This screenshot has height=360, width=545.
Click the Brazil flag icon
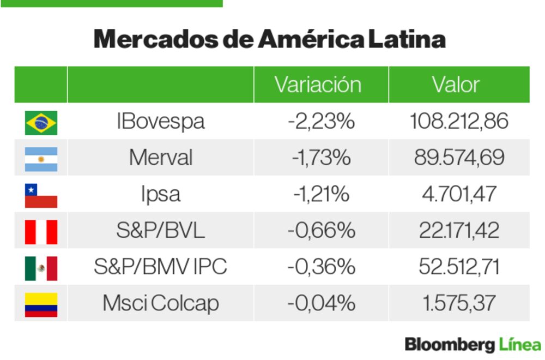(41, 122)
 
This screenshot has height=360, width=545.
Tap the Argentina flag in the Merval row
(41, 159)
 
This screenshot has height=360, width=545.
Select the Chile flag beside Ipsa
(41, 195)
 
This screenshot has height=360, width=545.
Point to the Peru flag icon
(41, 231)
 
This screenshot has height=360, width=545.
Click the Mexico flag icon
(41, 268)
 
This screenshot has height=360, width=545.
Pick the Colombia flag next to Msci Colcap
(41, 304)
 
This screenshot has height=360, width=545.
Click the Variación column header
(318, 85)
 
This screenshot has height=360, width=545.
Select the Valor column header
(456, 85)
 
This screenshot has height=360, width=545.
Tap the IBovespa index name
(160, 121)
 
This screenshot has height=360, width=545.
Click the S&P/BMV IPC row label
(160, 267)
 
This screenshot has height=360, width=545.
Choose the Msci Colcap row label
(160, 303)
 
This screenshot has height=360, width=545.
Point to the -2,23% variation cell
(321, 121)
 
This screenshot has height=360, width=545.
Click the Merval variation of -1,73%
(321, 158)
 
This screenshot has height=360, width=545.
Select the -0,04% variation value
(321, 303)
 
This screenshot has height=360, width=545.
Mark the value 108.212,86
(459, 121)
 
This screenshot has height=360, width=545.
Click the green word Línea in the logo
(520, 345)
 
